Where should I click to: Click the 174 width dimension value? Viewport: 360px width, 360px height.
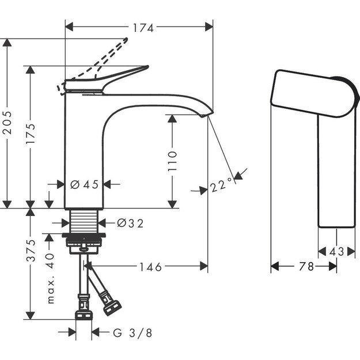139,26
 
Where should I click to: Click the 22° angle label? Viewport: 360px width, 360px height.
220,186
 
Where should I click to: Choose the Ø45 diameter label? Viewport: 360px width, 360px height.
84,184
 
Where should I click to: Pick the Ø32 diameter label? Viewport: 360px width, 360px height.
130,222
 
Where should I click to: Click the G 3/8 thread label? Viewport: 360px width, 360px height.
132,332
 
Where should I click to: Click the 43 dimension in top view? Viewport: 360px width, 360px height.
337,252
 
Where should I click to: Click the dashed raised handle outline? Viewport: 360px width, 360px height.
109,58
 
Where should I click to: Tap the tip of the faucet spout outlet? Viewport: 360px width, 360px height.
204,116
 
